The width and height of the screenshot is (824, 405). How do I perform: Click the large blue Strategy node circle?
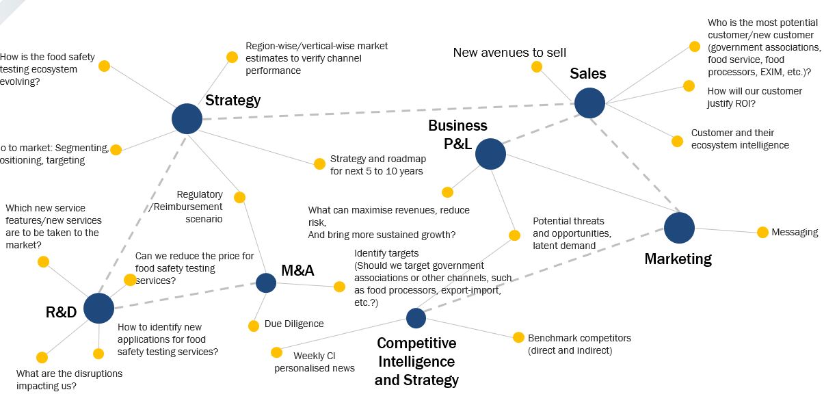tap(187, 119)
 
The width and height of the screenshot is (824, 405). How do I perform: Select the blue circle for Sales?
tap(589, 103)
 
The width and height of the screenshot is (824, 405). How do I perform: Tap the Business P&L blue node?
tap(490, 154)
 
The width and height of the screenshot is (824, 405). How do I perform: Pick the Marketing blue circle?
tap(679, 228)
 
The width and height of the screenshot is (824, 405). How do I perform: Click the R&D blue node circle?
tap(98, 309)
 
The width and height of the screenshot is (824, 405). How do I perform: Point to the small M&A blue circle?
tap(266, 283)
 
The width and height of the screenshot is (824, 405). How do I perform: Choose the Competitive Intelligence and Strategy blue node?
tap(416, 318)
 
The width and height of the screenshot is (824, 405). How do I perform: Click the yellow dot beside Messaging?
tap(762, 233)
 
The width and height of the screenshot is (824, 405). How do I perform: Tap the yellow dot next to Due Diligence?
tap(254, 326)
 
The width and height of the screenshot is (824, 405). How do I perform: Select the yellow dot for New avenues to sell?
tap(537, 67)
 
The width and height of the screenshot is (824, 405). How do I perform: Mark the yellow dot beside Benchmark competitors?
tap(517, 337)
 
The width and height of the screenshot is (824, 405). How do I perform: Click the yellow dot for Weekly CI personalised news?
tap(276, 352)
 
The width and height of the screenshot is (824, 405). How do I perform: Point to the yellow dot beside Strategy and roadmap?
tap(319, 164)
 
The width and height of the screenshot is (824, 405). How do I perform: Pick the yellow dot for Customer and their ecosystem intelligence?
tap(677, 141)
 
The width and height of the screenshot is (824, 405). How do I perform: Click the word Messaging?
tap(795, 233)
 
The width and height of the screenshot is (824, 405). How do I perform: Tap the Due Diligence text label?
tap(294, 324)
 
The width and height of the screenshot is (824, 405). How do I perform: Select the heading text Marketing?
tap(678, 259)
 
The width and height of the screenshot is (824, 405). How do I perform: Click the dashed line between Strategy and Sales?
tap(383, 112)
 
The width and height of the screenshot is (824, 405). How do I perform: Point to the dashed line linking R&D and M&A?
tap(185, 296)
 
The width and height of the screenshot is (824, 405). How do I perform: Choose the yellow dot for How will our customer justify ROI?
tap(689, 86)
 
